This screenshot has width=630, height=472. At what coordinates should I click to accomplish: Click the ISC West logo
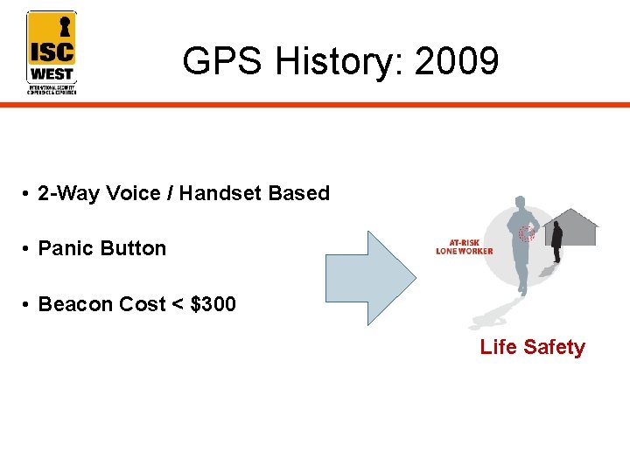52,52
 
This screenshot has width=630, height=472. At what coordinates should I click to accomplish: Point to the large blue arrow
368,278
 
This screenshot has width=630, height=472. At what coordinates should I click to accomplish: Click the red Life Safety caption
532,347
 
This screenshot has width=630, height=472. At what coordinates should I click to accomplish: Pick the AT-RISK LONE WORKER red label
464,247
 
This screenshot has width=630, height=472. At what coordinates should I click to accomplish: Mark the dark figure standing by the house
556,241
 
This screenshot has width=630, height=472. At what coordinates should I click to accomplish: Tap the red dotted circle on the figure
527,233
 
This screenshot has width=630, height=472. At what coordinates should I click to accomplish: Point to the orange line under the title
350,105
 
